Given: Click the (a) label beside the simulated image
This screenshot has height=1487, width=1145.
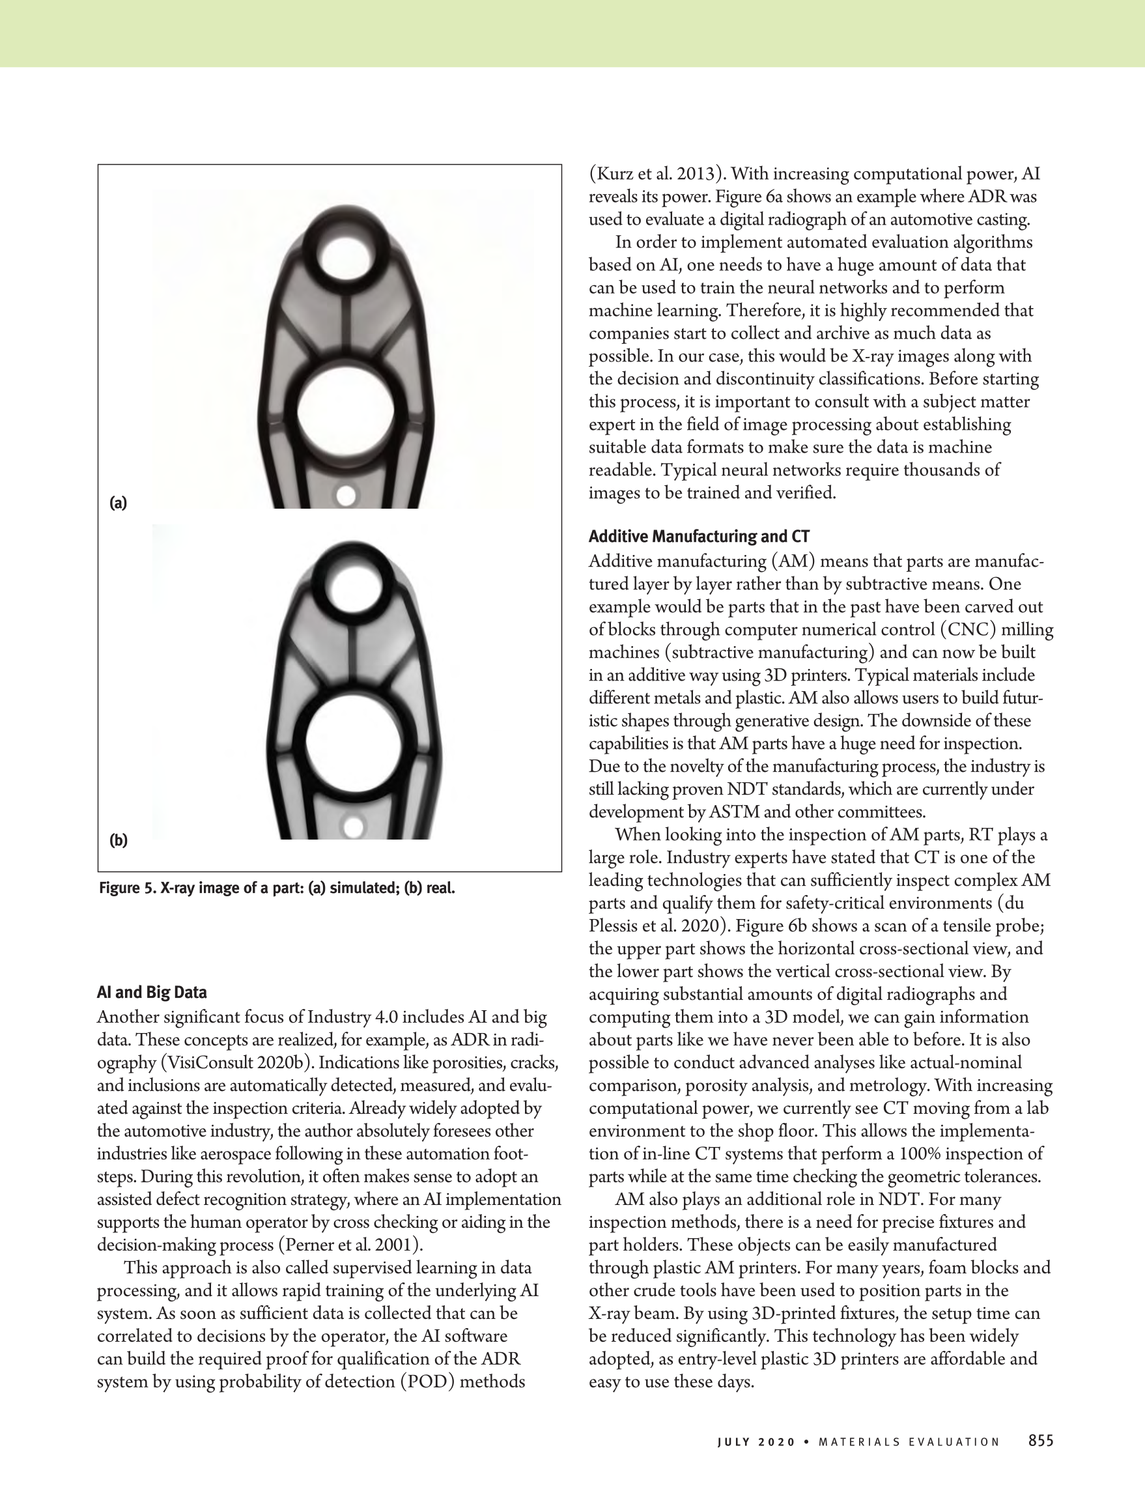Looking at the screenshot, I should [119, 503].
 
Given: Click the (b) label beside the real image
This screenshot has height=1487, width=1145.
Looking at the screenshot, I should [119, 840].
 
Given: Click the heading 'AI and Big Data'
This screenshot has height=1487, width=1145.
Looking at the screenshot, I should [152, 992].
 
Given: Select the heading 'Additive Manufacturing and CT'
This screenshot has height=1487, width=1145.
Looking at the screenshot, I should [699, 537].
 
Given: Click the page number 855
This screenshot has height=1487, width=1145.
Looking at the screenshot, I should [1041, 1440].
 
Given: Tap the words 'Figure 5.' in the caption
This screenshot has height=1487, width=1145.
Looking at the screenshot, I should [128, 888].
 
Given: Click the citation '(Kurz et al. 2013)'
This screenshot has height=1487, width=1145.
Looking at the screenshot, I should [654, 175].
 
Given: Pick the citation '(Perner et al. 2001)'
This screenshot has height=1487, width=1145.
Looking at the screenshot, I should [350, 1245].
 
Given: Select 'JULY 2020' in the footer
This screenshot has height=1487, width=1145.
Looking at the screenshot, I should [756, 1441].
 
